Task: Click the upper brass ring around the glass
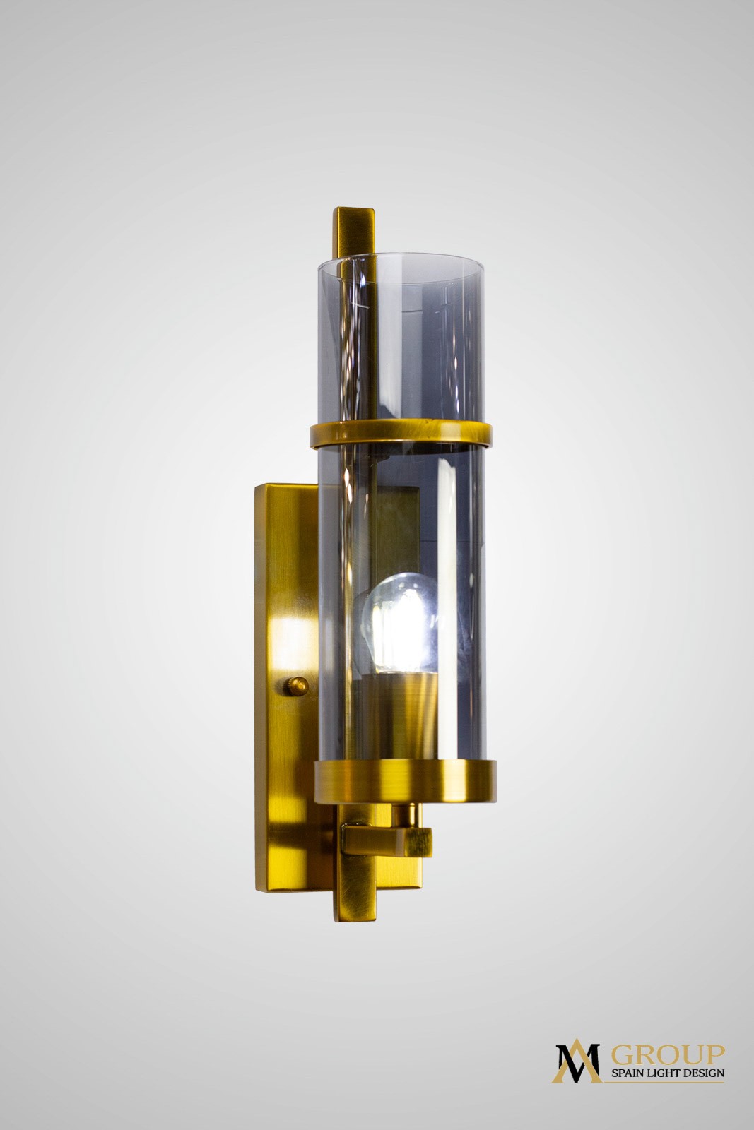(400, 434)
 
